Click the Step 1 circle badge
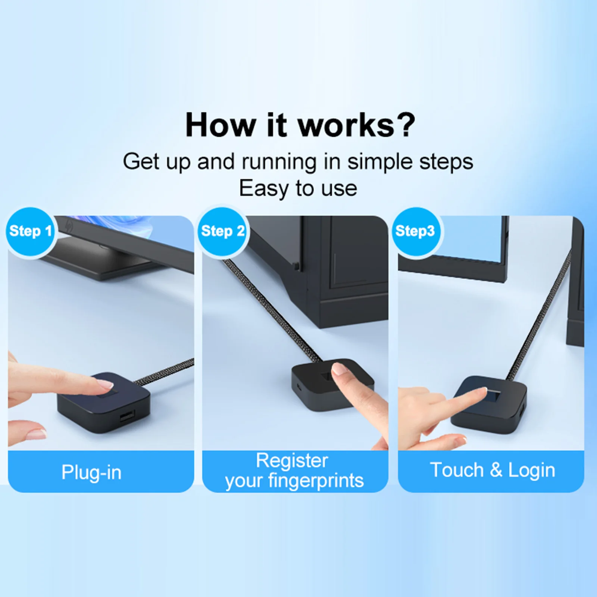click(30, 231)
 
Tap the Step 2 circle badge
click(222, 231)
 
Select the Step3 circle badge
click(415, 231)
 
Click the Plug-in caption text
click(91, 472)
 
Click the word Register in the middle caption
click(292, 460)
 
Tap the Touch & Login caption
click(492, 470)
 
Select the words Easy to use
click(298, 188)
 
